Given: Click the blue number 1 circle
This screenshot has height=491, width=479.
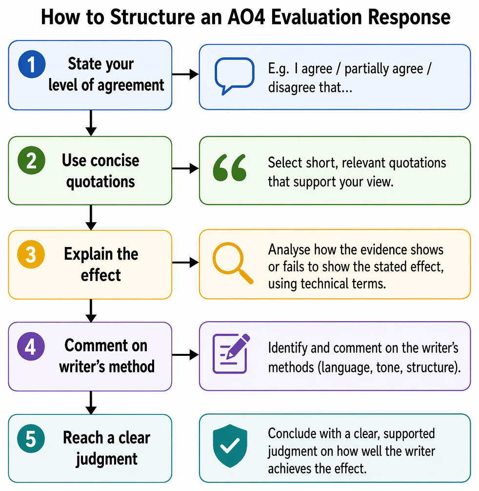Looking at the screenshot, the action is pos(32,64).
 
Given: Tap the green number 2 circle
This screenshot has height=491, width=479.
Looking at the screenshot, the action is pos(32,160).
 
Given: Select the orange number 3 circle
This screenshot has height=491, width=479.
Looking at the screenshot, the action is pos(31,254).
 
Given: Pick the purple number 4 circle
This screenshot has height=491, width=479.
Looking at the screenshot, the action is pos(31,347).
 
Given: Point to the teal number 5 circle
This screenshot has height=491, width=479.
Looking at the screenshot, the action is pos(31,438).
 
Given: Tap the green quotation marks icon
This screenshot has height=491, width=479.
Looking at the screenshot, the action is pos(230,167).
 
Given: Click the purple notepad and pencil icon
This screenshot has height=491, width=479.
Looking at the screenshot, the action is pos(231,353).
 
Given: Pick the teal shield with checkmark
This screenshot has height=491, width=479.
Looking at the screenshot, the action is pos(230,446).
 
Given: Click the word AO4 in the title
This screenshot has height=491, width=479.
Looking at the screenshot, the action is pos(246,17).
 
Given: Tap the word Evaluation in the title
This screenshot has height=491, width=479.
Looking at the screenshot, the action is pos(316,17).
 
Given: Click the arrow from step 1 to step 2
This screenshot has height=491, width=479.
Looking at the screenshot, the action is pos(91,123).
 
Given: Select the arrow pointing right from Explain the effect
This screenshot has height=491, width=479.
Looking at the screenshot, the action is pos(185,263).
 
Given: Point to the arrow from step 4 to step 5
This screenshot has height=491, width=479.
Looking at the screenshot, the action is pos(91,403).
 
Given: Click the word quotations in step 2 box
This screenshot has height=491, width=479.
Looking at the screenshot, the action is pos(100,182).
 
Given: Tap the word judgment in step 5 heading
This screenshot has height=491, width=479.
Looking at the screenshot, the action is pos(106,459).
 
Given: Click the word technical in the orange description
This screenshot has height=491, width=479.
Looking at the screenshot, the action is pos(324,284).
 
